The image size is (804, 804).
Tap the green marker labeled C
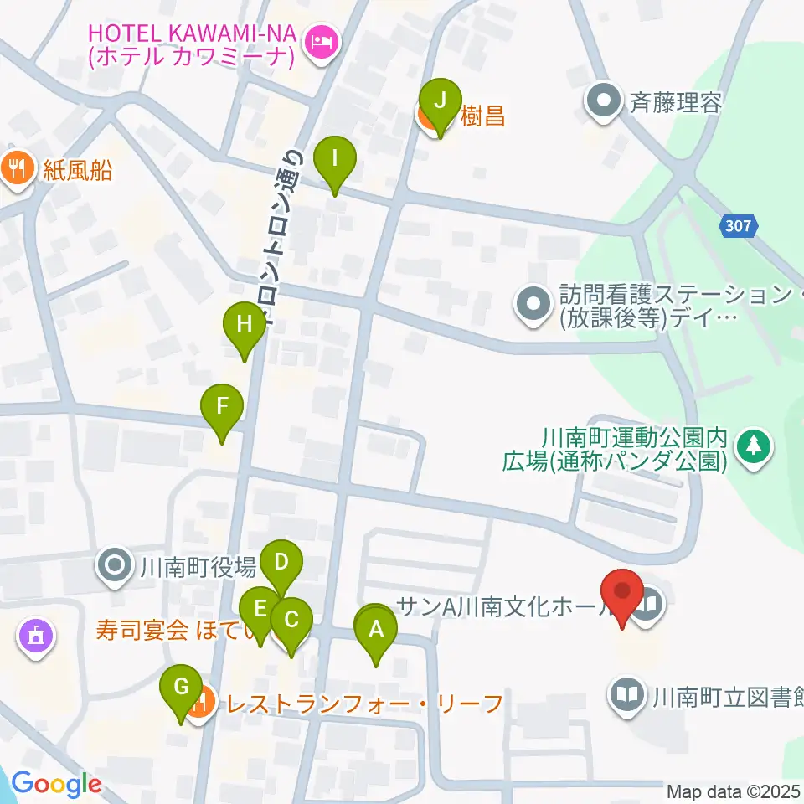[291, 621]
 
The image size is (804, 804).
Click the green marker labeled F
[222, 407]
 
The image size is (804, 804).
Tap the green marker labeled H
[244, 324]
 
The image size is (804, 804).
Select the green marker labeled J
[439, 100]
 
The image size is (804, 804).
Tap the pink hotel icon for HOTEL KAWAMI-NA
[321, 39]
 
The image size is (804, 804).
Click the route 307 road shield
[740, 225]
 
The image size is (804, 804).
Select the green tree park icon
[754, 444]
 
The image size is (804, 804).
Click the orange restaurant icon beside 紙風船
[15, 166]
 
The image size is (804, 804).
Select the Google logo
[56, 784]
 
